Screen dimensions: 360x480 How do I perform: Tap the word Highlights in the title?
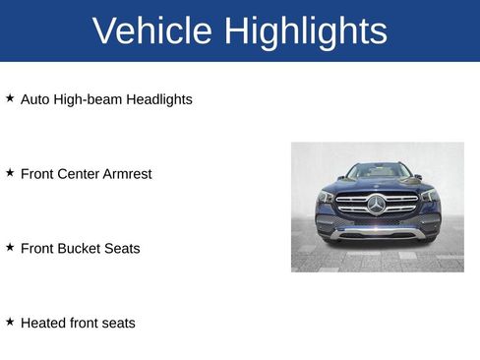pos(305,31)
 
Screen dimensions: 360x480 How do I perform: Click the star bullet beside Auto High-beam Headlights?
pos(10,98)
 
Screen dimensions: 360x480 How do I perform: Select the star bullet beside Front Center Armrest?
pos(10,173)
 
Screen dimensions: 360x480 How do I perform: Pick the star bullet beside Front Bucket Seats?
pos(10,248)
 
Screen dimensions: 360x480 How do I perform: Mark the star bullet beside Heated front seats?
pos(10,322)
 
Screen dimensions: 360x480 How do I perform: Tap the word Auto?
pos(35,99)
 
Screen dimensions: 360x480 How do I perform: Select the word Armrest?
pos(127,174)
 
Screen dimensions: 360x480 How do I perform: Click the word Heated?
pos(43,323)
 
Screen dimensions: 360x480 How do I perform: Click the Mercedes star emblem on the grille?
pos(377,204)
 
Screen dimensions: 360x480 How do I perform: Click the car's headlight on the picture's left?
pos(326,197)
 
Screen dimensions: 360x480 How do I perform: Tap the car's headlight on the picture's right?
pos(430,196)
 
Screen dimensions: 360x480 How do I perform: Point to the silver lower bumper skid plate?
pos(378,233)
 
